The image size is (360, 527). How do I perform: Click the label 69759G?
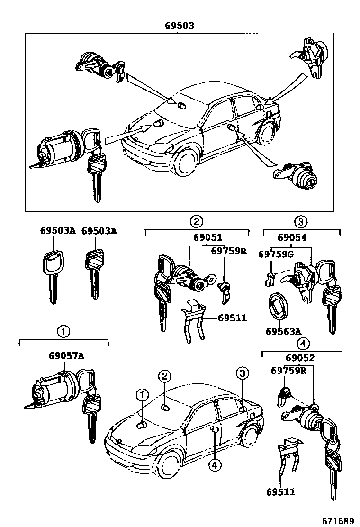pyautogui.click(x=276, y=254)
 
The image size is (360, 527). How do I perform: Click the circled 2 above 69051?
pyautogui.click(x=196, y=221)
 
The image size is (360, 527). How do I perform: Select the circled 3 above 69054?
pyautogui.click(x=301, y=221)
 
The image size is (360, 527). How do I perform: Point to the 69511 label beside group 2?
pyautogui.click(x=233, y=318)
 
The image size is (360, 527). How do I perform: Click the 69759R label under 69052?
pyautogui.click(x=288, y=371)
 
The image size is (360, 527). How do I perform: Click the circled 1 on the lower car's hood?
pyautogui.click(x=143, y=395)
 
